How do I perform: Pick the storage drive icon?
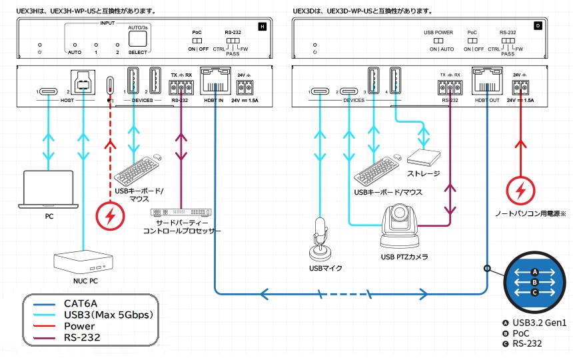coord(424,157)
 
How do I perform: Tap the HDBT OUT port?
coord(486,85)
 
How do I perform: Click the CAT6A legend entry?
coord(80,303)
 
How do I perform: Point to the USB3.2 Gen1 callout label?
coord(540,323)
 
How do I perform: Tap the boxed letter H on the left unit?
coord(262,27)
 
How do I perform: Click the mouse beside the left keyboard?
coord(157,157)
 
